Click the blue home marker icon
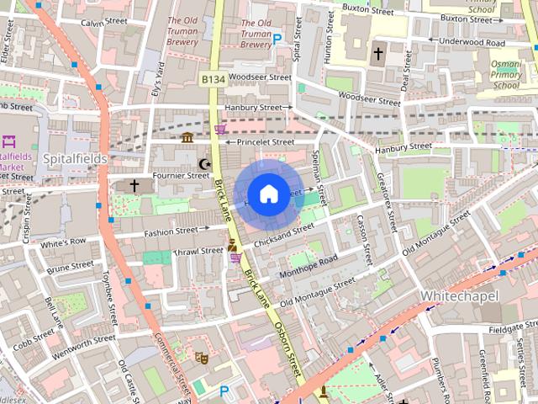point(267,194)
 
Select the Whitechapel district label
point(458,296)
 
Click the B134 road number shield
point(213,78)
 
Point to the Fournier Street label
point(182,175)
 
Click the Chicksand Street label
point(283,231)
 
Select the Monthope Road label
point(307,265)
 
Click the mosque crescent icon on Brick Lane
point(203,163)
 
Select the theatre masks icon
point(201,357)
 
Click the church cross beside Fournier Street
point(134,184)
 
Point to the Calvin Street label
point(104,23)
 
